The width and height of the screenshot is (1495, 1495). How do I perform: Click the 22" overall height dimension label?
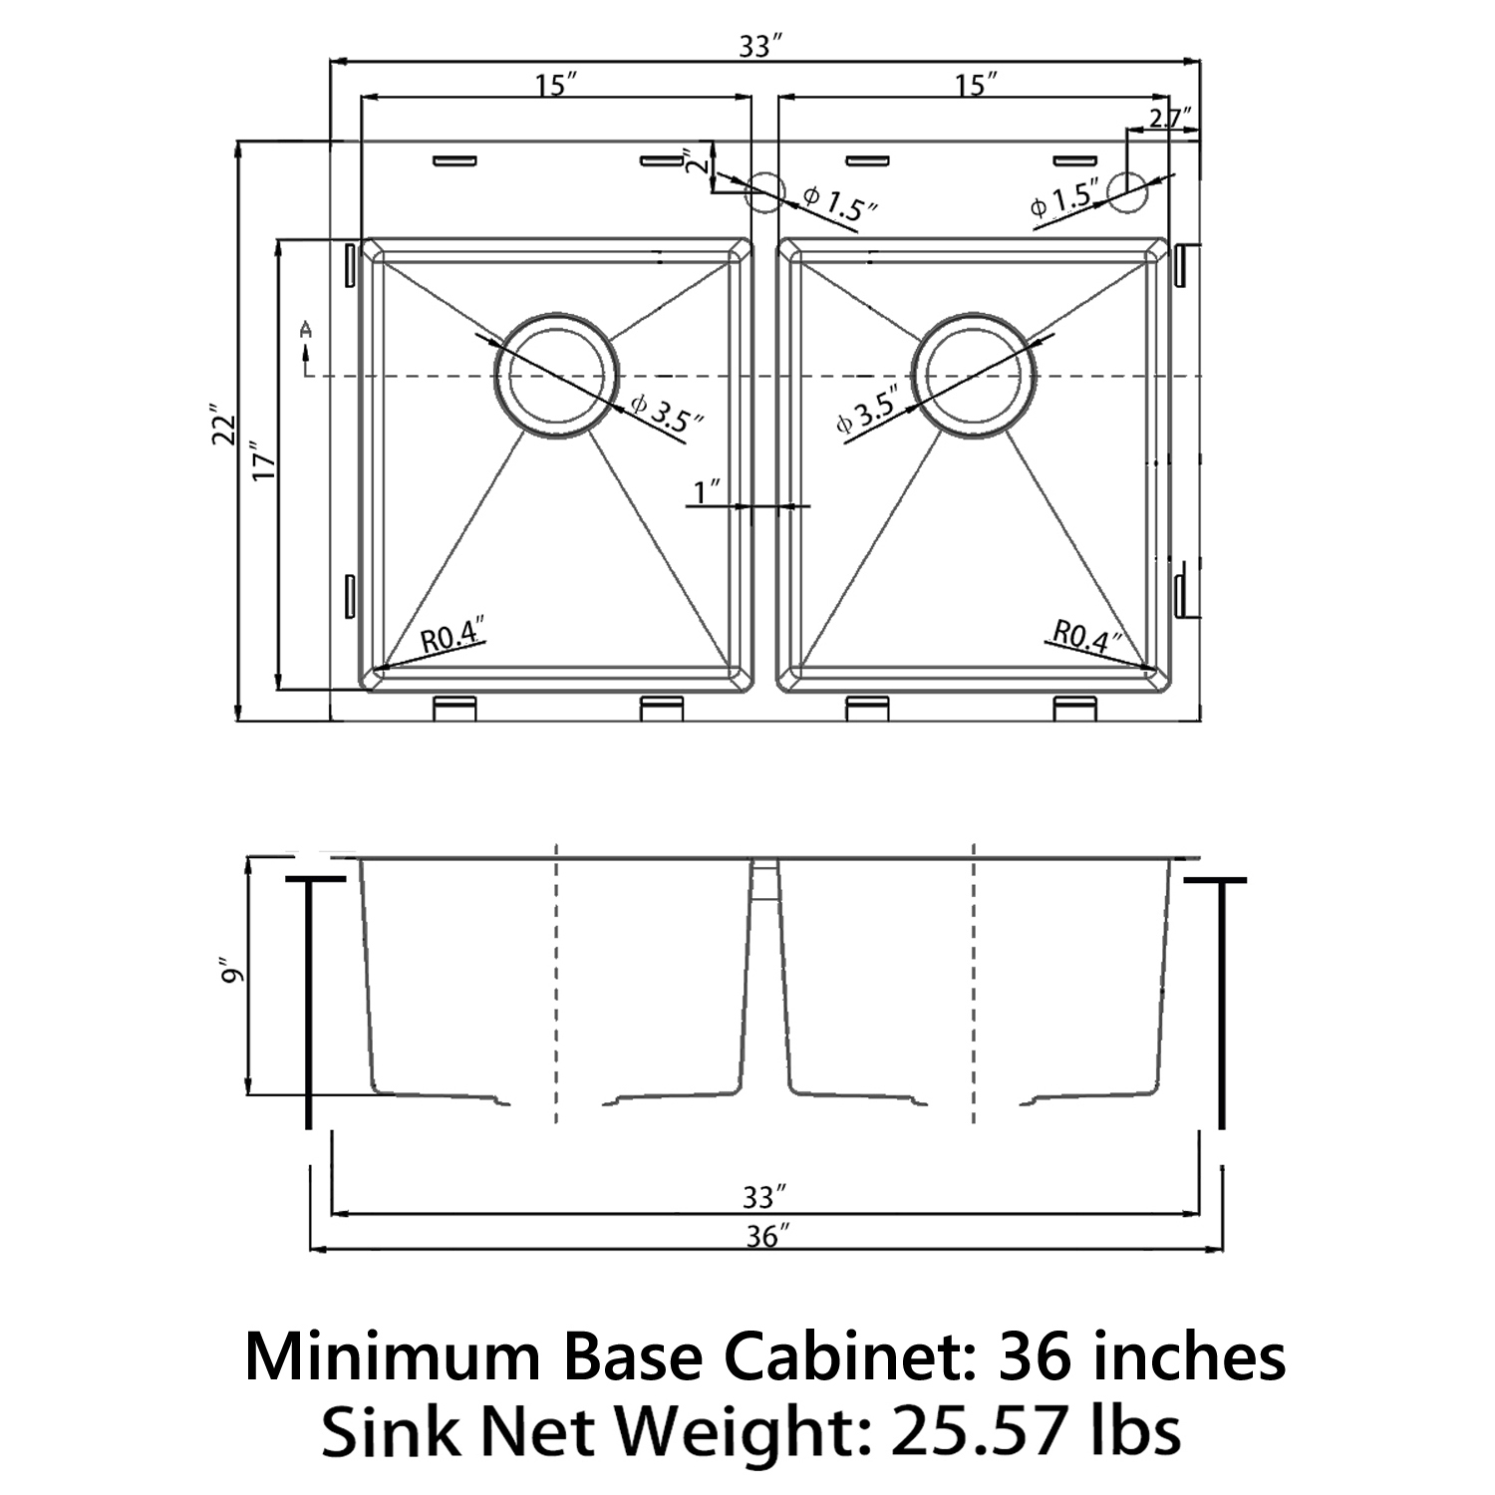(226, 427)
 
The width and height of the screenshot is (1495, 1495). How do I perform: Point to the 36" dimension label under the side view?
(762, 1236)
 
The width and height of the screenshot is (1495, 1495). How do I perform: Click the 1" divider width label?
(708, 491)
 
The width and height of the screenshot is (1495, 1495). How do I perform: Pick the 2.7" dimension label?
(1171, 118)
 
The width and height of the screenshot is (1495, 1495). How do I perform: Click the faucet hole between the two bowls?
(765, 191)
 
